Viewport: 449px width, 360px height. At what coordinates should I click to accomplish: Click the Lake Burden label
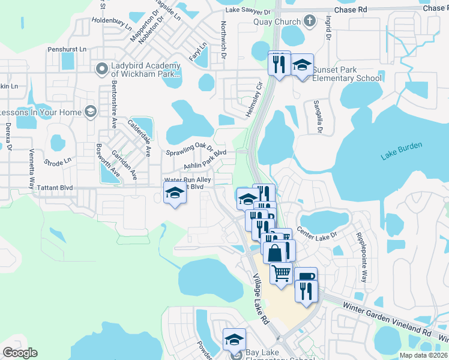[402, 151]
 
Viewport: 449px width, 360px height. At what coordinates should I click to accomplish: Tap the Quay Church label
[277, 23]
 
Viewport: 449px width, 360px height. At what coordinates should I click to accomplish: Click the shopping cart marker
[281, 273]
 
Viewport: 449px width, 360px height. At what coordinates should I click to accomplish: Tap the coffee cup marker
[305, 277]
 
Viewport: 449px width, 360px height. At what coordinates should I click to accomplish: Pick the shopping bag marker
[274, 252]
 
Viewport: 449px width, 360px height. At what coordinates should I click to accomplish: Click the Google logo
[20, 352]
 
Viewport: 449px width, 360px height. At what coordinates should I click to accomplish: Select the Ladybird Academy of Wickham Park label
[146, 70]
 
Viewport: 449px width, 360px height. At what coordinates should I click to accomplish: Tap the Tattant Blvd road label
[54, 188]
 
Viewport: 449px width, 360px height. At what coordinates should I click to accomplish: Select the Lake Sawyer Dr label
[249, 10]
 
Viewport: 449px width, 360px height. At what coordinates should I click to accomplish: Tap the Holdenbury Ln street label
[112, 24]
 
